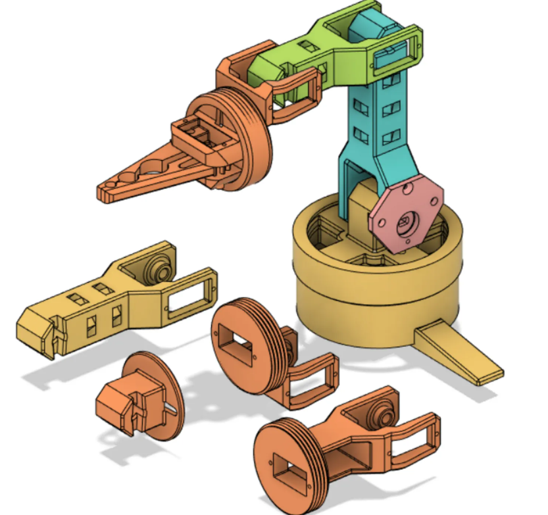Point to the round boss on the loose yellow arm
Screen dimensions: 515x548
158,266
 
